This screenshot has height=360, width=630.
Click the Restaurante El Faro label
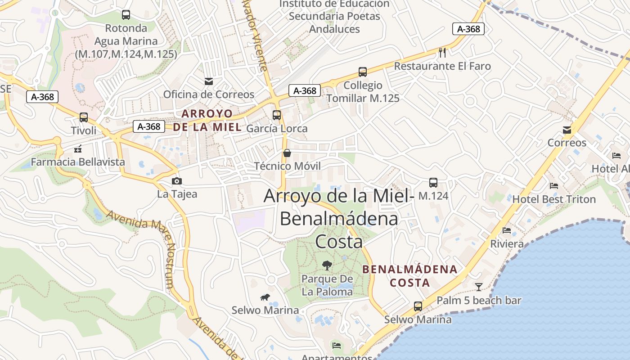442,66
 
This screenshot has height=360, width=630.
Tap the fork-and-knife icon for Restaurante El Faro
442,53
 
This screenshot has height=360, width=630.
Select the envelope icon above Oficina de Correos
209,81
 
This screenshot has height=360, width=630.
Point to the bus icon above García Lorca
277,115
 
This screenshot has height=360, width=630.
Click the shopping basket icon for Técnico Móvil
287,153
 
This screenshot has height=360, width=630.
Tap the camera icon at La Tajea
177,181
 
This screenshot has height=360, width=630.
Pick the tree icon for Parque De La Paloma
327,265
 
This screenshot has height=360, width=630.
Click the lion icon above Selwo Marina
265,297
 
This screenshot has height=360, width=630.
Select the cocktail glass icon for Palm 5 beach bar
479,287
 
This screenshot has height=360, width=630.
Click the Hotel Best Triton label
554,199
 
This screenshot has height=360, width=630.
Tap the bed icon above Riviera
507,231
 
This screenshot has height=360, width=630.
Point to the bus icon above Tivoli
84,117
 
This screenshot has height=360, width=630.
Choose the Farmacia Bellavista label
78,162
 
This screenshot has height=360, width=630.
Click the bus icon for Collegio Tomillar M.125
363,72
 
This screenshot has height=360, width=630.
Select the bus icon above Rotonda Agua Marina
126,15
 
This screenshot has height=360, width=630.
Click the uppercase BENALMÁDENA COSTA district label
409,276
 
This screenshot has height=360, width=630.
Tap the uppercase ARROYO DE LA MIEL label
207,120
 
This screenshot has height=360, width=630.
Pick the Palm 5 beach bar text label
479,301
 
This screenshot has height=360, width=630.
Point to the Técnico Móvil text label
288,166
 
